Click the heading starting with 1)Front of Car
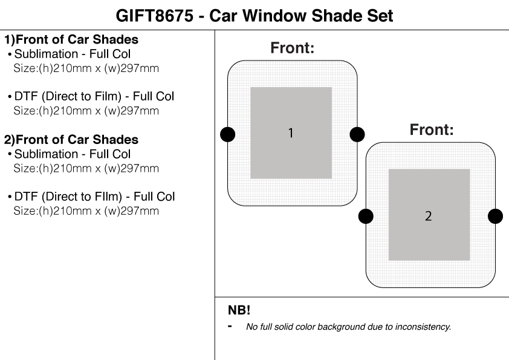[x=71, y=41]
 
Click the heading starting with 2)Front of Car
[x=71, y=140]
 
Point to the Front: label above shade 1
[x=292, y=48]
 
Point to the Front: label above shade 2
[x=432, y=129]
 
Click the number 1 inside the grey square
[x=291, y=133]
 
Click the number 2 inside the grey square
[x=429, y=216]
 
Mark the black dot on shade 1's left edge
[x=228, y=134]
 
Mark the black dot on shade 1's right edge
[x=357, y=134]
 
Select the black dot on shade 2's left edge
[x=366, y=215]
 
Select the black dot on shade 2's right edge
[x=495, y=215]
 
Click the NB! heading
[x=239, y=310]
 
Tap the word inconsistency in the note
[x=423, y=327]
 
